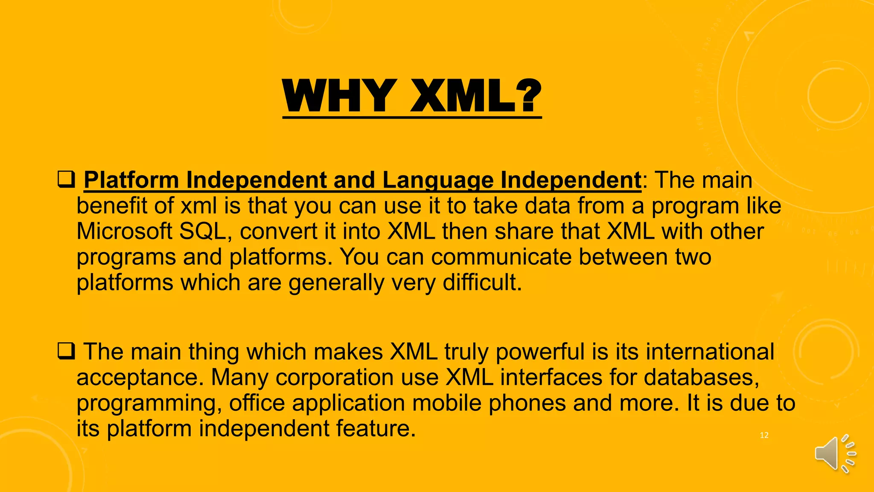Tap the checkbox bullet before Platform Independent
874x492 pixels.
[66, 179]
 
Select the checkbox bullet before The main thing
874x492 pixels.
[66, 351]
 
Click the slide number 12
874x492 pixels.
[764, 435]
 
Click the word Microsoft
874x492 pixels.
[124, 231]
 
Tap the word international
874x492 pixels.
[710, 352]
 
